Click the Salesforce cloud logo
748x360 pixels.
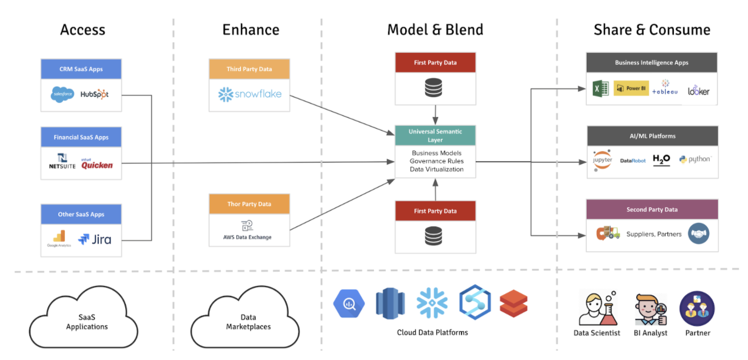(x=62, y=94)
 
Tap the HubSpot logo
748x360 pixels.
(x=95, y=94)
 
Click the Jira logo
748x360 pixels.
(x=95, y=239)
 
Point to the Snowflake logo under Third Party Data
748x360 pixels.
(x=249, y=94)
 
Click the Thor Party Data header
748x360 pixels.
(x=249, y=204)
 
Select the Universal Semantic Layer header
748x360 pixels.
(x=435, y=136)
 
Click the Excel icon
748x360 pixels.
(x=600, y=89)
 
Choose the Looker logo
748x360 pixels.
(x=699, y=91)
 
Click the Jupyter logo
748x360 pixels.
(x=602, y=160)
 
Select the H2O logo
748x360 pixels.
(x=662, y=160)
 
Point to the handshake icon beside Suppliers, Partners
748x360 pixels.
(x=699, y=234)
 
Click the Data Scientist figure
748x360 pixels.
(x=596, y=309)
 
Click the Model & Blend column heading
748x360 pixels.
(x=435, y=30)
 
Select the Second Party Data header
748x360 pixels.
(x=652, y=209)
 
